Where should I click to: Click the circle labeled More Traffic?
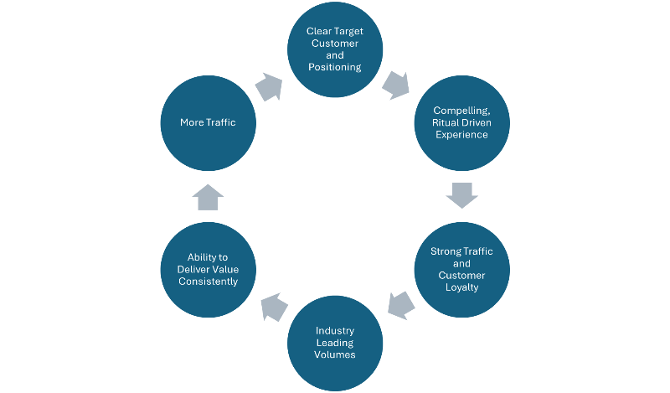tap(208, 122)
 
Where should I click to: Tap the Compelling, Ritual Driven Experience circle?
tap(461, 122)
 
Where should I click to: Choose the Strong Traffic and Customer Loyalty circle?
tap(461, 269)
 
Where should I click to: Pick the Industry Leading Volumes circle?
tap(334, 343)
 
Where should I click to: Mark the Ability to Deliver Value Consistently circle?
tap(208, 269)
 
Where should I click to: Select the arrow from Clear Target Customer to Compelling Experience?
tap(397, 85)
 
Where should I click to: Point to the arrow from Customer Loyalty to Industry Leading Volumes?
tap(400, 305)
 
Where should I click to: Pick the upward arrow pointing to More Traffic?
tap(208, 197)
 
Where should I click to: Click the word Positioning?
tap(334, 66)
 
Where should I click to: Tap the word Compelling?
tap(460, 111)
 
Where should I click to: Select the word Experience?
tap(461, 135)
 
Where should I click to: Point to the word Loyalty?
tap(461, 287)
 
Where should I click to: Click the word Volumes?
tap(334, 354)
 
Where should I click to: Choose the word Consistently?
tap(208, 282)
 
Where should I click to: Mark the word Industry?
tap(334, 330)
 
